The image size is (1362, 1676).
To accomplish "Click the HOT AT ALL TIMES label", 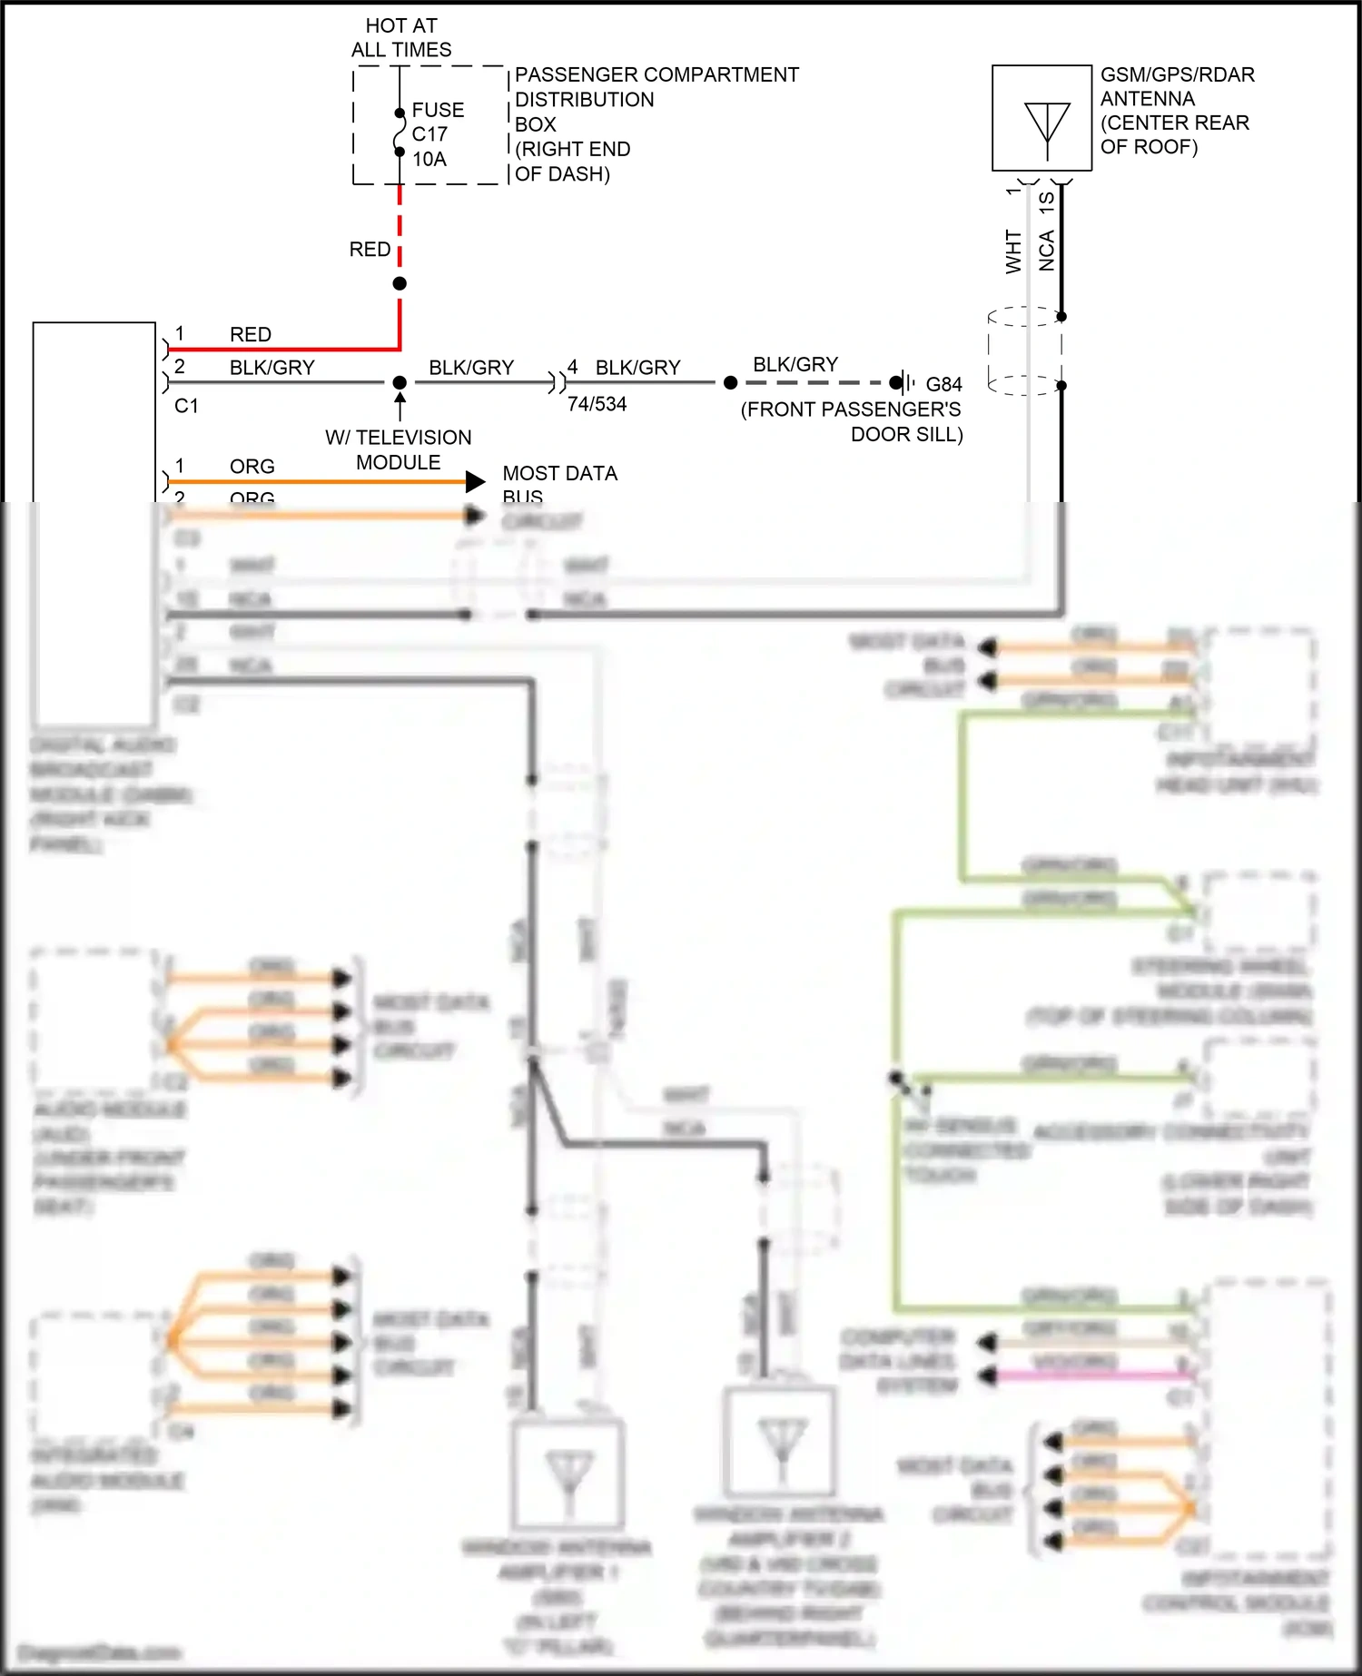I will coord(401,38).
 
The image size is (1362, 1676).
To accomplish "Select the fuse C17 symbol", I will coord(400,133).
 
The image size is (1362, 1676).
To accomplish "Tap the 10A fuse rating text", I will coord(429,160).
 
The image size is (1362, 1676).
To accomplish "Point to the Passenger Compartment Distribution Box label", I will coord(656,123).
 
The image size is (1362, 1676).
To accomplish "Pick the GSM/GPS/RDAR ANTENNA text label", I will coord(1177,111).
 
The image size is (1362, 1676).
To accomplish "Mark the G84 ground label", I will coord(943,384).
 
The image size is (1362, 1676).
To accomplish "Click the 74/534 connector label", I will coord(597,405).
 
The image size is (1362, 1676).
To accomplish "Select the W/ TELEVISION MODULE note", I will coord(399,449).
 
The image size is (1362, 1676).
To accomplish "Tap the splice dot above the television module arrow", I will coord(400,382).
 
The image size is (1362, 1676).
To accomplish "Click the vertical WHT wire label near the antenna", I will coord(1013,251).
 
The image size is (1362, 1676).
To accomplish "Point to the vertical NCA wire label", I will coord(1047,251).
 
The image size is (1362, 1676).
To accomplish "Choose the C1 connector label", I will coord(186,406).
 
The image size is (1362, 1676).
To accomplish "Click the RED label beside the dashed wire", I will coord(370,250).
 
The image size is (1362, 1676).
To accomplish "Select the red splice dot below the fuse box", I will coord(400,283).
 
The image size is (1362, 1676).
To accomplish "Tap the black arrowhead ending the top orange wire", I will coord(475,481).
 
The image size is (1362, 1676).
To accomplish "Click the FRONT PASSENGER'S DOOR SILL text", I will coord(852,422).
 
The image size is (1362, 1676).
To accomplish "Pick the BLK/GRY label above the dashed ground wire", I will coord(795,365).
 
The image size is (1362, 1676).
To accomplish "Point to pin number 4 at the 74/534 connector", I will coord(572,367).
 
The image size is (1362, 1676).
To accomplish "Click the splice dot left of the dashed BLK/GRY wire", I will coord(730,382).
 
